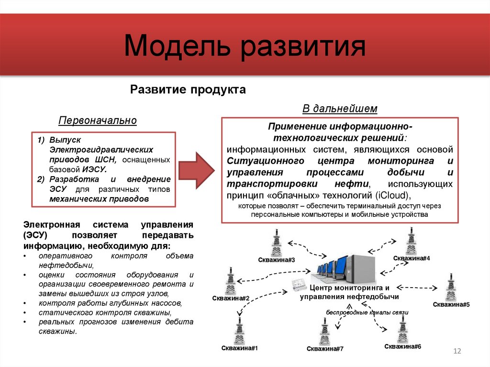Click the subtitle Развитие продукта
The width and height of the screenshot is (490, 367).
(188, 89)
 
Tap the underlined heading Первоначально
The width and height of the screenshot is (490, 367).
(98, 120)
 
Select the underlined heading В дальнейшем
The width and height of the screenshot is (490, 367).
(340, 109)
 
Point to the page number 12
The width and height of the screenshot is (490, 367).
(457, 352)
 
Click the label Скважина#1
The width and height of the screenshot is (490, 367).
(240, 348)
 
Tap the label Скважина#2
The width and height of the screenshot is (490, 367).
(231, 299)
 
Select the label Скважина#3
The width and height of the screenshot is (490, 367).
(276, 260)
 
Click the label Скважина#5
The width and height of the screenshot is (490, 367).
(451, 304)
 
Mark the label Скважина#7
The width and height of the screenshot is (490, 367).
(325, 348)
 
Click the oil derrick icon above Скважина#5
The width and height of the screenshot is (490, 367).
(450, 287)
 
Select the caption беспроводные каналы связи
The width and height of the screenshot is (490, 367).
(367, 312)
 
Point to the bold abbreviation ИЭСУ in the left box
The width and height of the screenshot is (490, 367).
(94, 169)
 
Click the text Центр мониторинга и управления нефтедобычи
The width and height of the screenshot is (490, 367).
(349, 292)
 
